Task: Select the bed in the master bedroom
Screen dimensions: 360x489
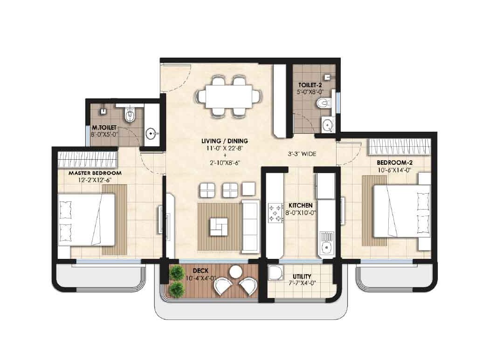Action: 87,218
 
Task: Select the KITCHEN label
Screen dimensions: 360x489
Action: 300,205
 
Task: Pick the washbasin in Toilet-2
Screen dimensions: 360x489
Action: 328,124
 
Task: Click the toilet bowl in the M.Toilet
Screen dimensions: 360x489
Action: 130,115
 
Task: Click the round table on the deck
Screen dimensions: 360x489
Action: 236,271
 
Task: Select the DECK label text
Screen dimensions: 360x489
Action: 203,271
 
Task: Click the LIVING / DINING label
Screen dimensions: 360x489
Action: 225,141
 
